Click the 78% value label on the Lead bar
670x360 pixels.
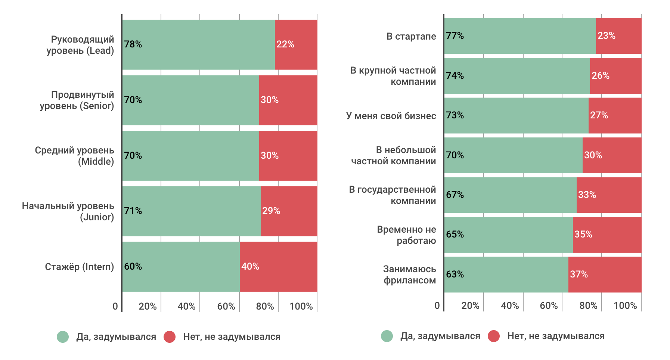[133, 44]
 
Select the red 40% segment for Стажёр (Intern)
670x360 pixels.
[278, 267]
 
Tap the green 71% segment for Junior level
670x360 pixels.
[191, 211]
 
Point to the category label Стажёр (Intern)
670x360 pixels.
[79, 267]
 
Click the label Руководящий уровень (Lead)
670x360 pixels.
[80, 45]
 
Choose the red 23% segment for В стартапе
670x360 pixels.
[618, 36]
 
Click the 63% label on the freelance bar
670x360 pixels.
[455, 274]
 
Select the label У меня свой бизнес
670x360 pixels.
[391, 116]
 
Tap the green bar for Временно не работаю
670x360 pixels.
[508, 235]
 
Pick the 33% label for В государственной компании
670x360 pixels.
[587, 195]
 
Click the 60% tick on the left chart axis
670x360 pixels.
[226, 307]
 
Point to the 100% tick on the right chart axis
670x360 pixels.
[625, 306]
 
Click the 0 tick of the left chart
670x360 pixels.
[115, 307]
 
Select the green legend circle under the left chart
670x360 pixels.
[63, 337]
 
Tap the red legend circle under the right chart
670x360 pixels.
[494, 336]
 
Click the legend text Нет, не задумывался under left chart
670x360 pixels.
[232, 337]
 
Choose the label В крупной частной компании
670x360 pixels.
[393, 76]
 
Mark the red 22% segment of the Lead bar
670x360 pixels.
[296, 44]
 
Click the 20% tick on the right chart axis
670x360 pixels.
[470, 306]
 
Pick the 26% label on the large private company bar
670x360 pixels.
[600, 76]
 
